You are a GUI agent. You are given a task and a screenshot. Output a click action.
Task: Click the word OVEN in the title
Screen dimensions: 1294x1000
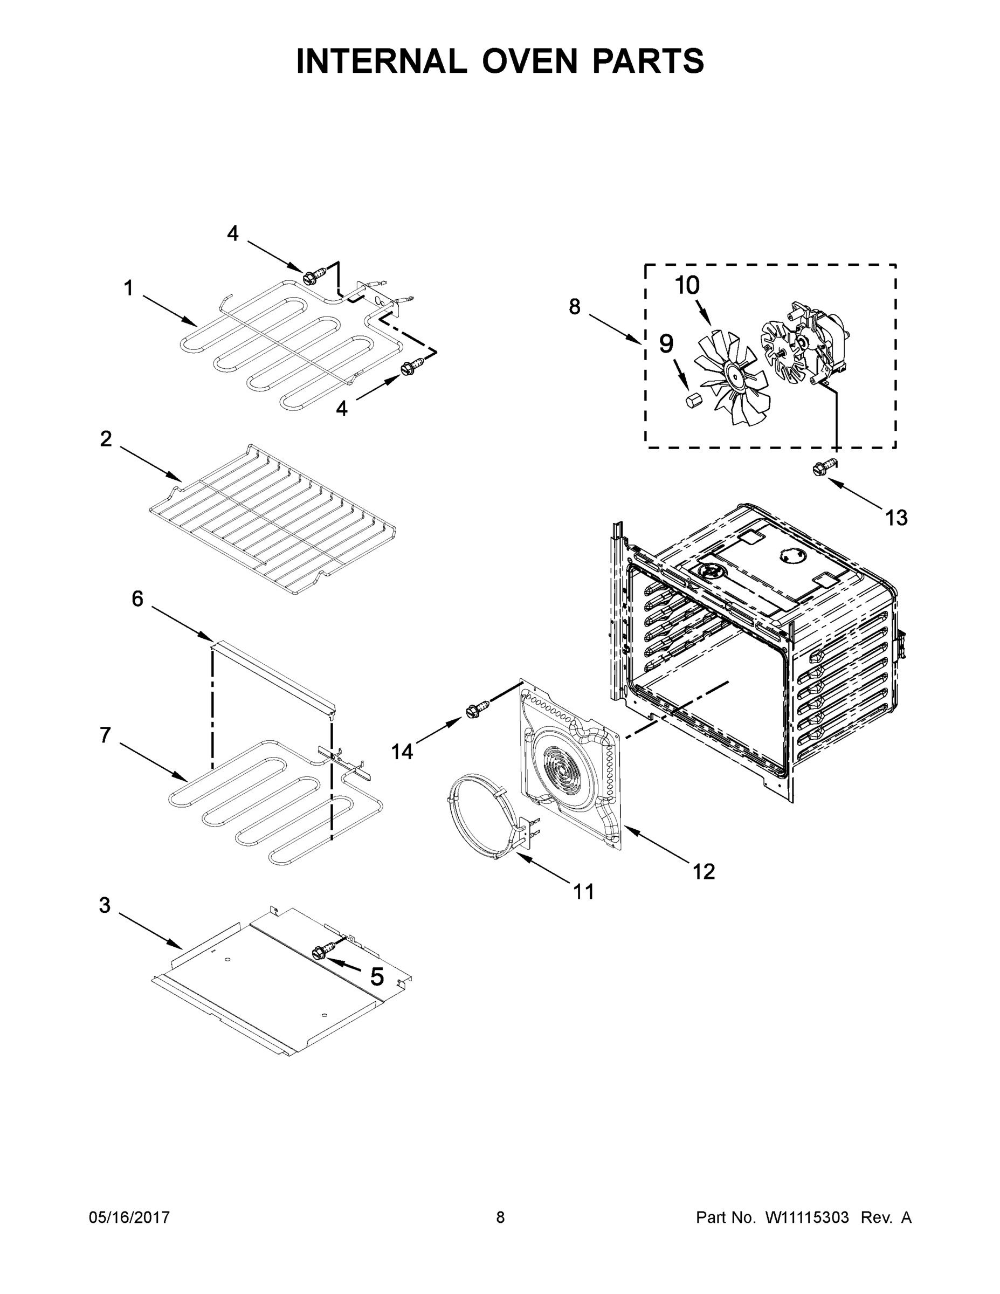pyautogui.click(x=529, y=61)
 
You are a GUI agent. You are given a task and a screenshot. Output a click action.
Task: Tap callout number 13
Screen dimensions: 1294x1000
pyautogui.click(x=896, y=518)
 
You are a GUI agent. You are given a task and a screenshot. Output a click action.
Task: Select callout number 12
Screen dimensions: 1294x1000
pyautogui.click(x=704, y=871)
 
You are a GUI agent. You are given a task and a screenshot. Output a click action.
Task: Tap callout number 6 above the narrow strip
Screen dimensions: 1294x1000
pyautogui.click(x=137, y=598)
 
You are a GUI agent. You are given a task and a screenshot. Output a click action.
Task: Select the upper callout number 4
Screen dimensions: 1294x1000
pyautogui.click(x=233, y=233)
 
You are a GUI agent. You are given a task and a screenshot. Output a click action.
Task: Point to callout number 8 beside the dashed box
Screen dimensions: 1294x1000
pyautogui.click(x=574, y=306)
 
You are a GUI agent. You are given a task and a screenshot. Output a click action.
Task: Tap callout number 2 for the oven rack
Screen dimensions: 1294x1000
pyautogui.click(x=106, y=438)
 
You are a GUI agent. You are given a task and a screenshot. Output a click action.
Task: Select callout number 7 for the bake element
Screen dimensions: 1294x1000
pyautogui.click(x=106, y=735)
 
